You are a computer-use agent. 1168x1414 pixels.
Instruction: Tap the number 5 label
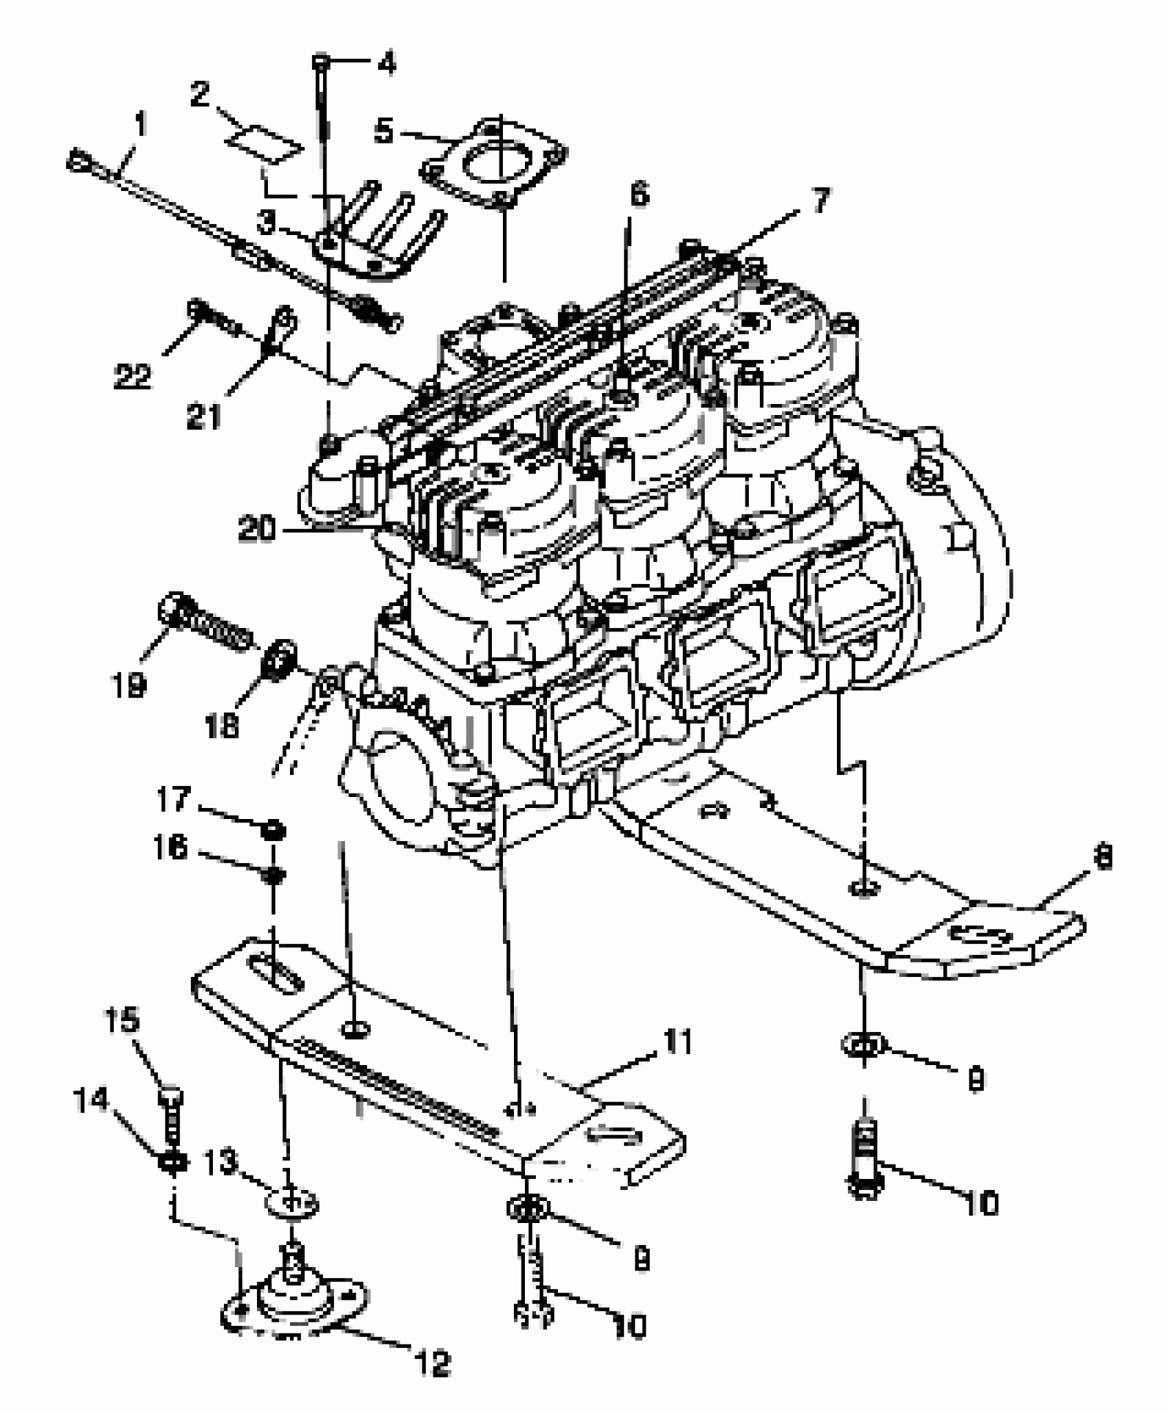coord(383,131)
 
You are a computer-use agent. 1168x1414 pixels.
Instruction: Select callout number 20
coord(257,529)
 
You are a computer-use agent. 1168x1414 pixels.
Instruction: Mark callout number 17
coord(172,799)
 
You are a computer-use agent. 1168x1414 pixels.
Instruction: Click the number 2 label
coord(200,94)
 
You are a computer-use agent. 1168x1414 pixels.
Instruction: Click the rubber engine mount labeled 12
coord(293,1305)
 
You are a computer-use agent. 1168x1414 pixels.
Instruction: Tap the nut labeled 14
coord(172,1161)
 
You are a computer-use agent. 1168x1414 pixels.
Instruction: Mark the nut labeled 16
coord(273,875)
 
